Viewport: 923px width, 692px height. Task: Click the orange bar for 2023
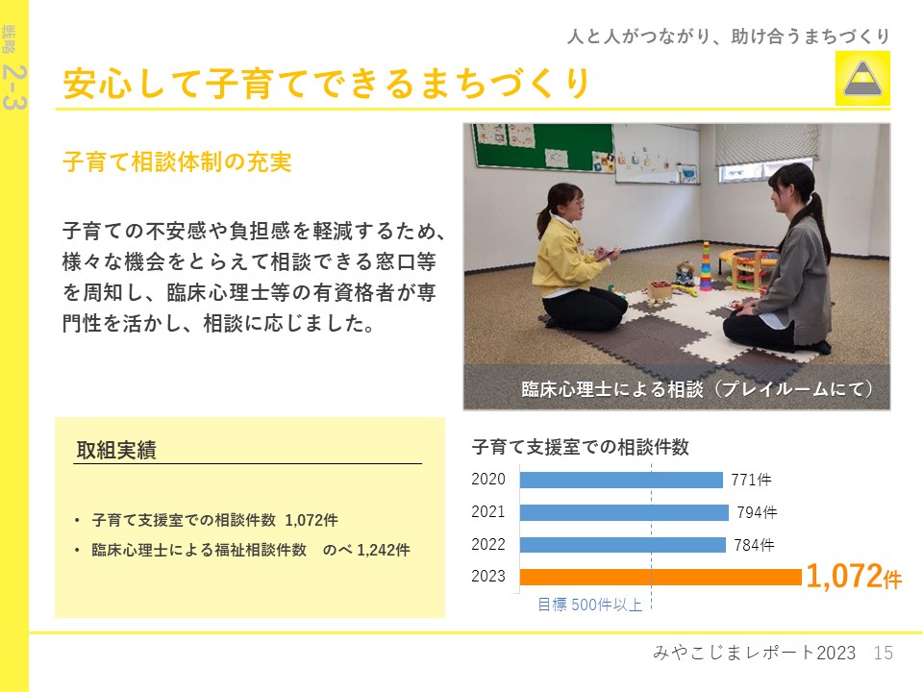coord(661,577)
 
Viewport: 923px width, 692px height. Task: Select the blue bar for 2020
coord(621,481)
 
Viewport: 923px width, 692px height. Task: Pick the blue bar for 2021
coord(624,512)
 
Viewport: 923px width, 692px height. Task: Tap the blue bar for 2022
coord(623,545)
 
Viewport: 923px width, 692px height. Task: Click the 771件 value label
coord(751,481)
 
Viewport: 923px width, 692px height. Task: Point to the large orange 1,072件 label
coord(854,576)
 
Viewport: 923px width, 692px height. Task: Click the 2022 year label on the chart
coord(488,544)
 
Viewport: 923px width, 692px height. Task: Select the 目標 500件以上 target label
coord(589,605)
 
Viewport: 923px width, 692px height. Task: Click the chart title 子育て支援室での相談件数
coord(580,447)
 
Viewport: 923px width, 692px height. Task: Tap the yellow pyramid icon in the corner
coord(862,78)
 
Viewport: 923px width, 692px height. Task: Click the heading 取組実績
coord(116,450)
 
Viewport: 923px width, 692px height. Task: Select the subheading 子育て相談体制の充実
coord(177,161)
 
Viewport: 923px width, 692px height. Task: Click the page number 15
coord(883,653)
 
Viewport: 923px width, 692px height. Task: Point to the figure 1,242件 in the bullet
coord(384,550)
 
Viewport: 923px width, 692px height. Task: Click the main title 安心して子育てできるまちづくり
coord(326,83)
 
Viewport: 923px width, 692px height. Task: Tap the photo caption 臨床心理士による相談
coord(612,389)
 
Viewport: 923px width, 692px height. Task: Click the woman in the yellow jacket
coord(576,256)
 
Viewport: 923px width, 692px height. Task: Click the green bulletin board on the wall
coord(542,146)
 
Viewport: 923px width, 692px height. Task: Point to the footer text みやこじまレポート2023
coord(754,653)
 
